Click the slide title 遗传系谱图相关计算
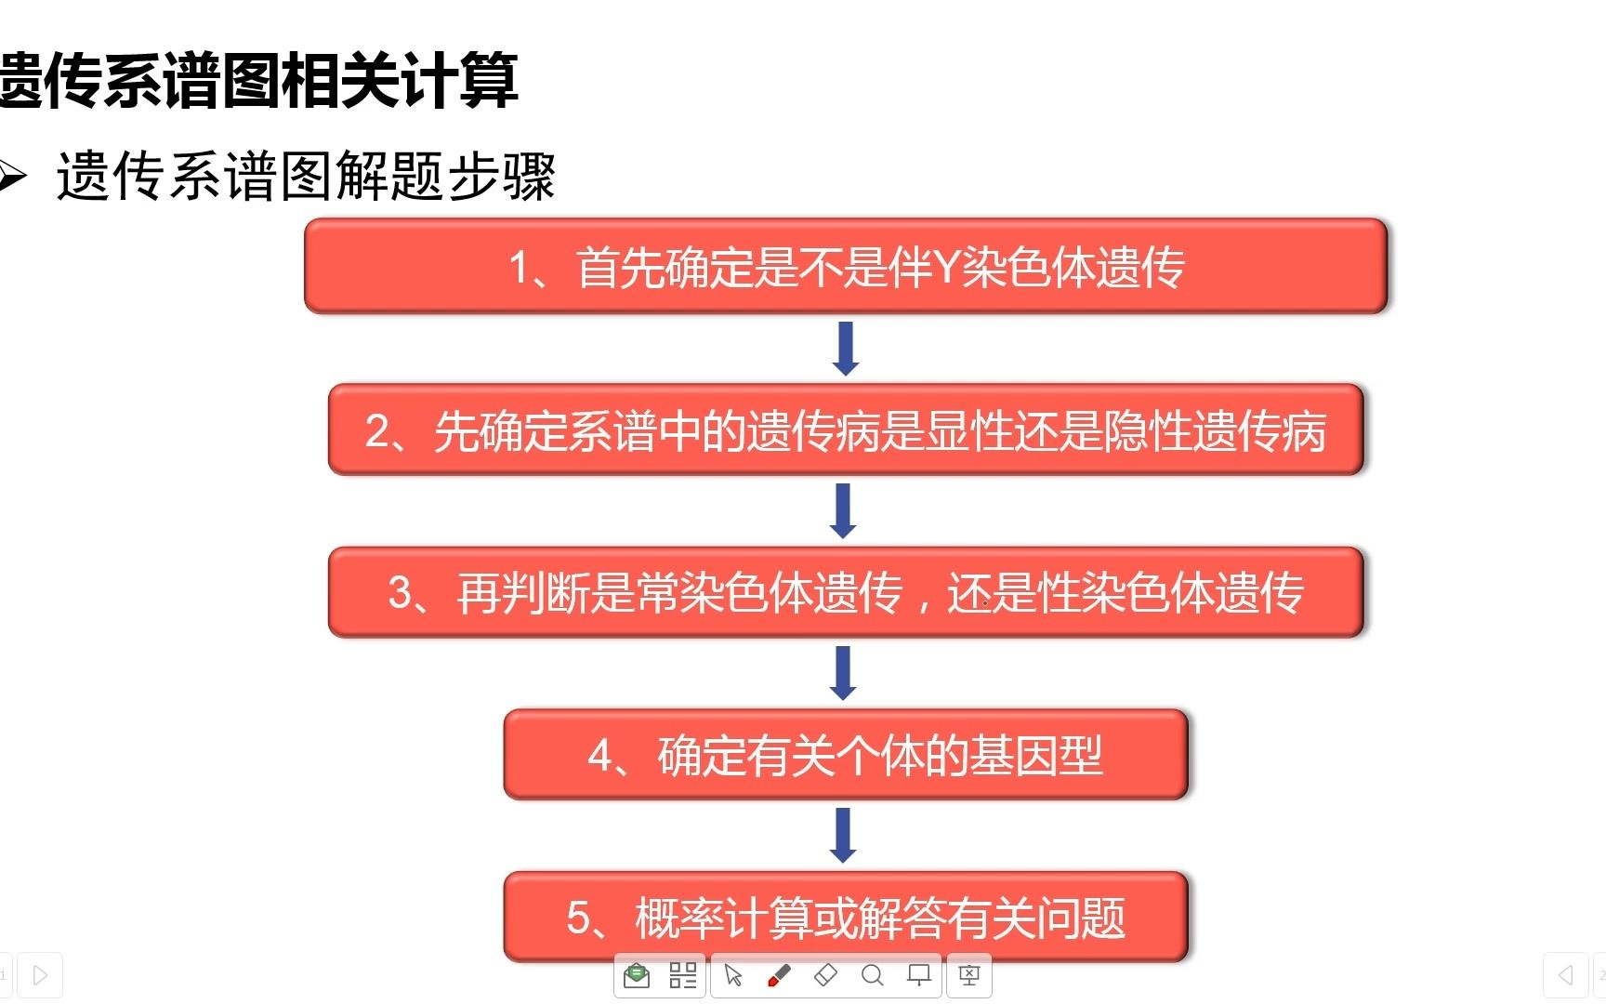click(258, 80)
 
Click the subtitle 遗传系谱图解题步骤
click(307, 176)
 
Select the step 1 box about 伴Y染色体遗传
click(846, 266)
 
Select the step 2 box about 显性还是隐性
click(846, 429)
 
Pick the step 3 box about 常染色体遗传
click(846, 592)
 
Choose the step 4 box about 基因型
click(846, 754)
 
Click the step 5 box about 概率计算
click(846, 917)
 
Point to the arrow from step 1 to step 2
click(846, 349)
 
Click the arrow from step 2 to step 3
click(843, 510)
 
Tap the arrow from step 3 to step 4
click(843, 673)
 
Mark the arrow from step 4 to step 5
click(843, 835)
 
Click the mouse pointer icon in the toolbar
click(733, 975)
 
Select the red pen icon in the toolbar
click(779, 975)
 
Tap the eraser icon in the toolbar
click(825, 975)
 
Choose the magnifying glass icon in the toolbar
click(872, 975)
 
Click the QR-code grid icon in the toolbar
click(683, 975)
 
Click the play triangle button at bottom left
click(40, 975)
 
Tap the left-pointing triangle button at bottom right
click(1566, 975)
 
